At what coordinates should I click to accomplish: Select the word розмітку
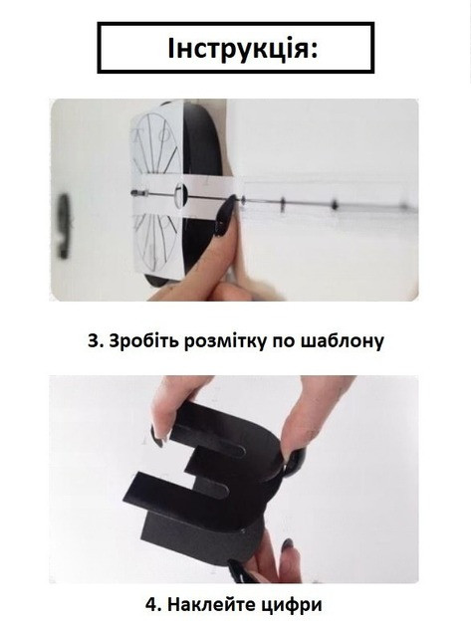(x=225, y=341)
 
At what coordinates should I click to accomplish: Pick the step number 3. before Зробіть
(x=96, y=341)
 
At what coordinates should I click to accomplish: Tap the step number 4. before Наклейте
(x=154, y=604)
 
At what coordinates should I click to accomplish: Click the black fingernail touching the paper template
(x=225, y=216)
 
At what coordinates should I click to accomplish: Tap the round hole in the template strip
(x=180, y=195)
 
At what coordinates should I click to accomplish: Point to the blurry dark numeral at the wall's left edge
(x=63, y=226)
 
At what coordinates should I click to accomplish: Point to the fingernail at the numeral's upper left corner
(x=157, y=437)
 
